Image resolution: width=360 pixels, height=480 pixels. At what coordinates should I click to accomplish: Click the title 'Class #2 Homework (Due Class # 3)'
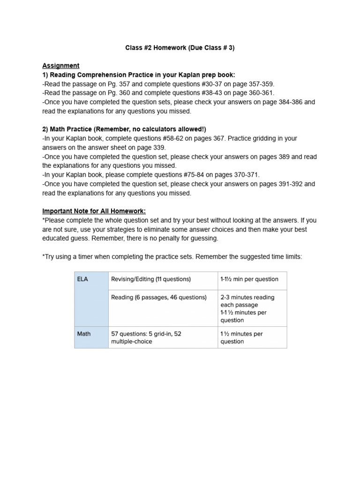(180, 47)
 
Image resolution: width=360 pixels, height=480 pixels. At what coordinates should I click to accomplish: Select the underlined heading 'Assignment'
(61, 66)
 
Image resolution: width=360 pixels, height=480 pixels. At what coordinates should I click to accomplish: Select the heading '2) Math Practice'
(77, 129)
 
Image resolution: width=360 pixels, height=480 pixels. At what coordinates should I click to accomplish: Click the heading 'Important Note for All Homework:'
(94, 211)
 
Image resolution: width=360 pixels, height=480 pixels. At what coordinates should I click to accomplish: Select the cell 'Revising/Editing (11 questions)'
(151, 279)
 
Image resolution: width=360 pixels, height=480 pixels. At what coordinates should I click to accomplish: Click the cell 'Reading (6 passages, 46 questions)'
(159, 297)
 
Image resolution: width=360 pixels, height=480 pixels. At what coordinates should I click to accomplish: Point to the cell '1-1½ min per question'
(249, 279)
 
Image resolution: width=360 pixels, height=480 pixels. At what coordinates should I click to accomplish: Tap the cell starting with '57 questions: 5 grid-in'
(146, 337)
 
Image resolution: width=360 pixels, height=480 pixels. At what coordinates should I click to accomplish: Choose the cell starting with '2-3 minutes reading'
(247, 308)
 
